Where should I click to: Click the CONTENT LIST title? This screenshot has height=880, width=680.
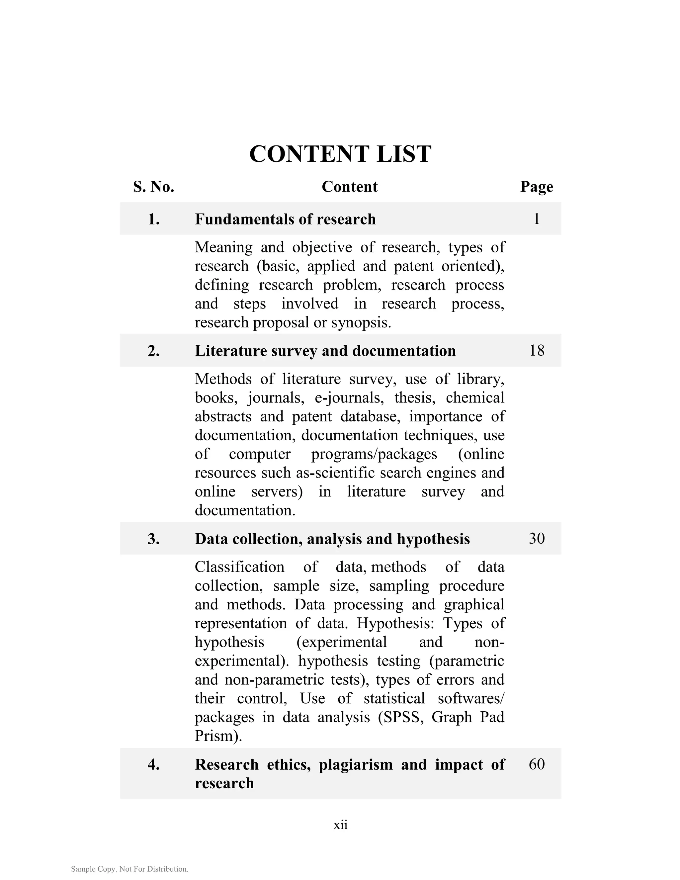[340, 154]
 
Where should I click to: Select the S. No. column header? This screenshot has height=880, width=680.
[153, 187]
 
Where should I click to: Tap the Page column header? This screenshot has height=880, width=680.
[536, 187]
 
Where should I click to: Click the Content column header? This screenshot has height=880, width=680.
[349, 187]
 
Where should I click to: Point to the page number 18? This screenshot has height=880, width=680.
[537, 351]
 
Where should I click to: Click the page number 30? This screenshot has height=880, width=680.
[537, 539]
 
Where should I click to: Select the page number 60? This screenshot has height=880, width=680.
[537, 764]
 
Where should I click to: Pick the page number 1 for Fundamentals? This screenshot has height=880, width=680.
[536, 219]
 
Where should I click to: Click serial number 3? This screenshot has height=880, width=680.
[153, 539]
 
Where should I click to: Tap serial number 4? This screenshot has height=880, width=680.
[153, 765]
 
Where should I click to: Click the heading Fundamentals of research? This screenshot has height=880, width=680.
[285, 219]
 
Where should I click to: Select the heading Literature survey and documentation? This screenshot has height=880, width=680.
[325, 351]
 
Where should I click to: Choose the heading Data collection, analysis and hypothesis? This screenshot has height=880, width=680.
[332, 539]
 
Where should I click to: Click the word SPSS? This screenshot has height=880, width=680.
[401, 717]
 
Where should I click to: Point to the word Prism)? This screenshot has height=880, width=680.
[218, 736]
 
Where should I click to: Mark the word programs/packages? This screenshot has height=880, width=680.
[374, 454]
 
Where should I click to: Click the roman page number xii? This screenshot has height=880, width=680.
[340, 825]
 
